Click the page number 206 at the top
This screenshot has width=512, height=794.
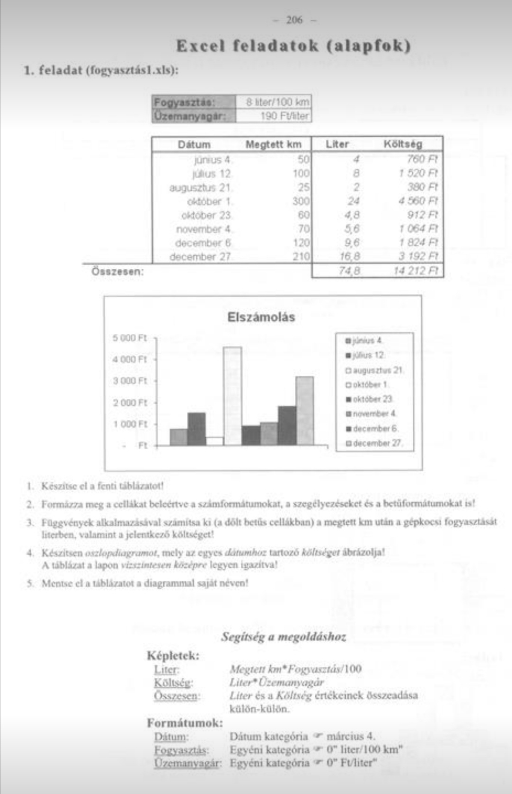(294, 20)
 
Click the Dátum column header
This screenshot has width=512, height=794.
(194, 145)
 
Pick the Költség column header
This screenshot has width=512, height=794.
(402, 144)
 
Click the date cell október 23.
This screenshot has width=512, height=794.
(206, 215)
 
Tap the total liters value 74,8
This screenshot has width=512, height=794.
(349, 271)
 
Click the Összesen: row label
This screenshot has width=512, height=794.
(117, 272)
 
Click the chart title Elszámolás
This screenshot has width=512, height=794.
(261, 317)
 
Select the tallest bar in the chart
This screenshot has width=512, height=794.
(232, 396)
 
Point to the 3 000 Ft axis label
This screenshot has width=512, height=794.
(130, 381)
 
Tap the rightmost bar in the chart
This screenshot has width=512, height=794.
(304, 411)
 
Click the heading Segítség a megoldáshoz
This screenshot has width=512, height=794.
(283, 637)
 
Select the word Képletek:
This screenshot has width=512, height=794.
(173, 656)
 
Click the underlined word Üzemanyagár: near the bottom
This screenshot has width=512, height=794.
(188, 763)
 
